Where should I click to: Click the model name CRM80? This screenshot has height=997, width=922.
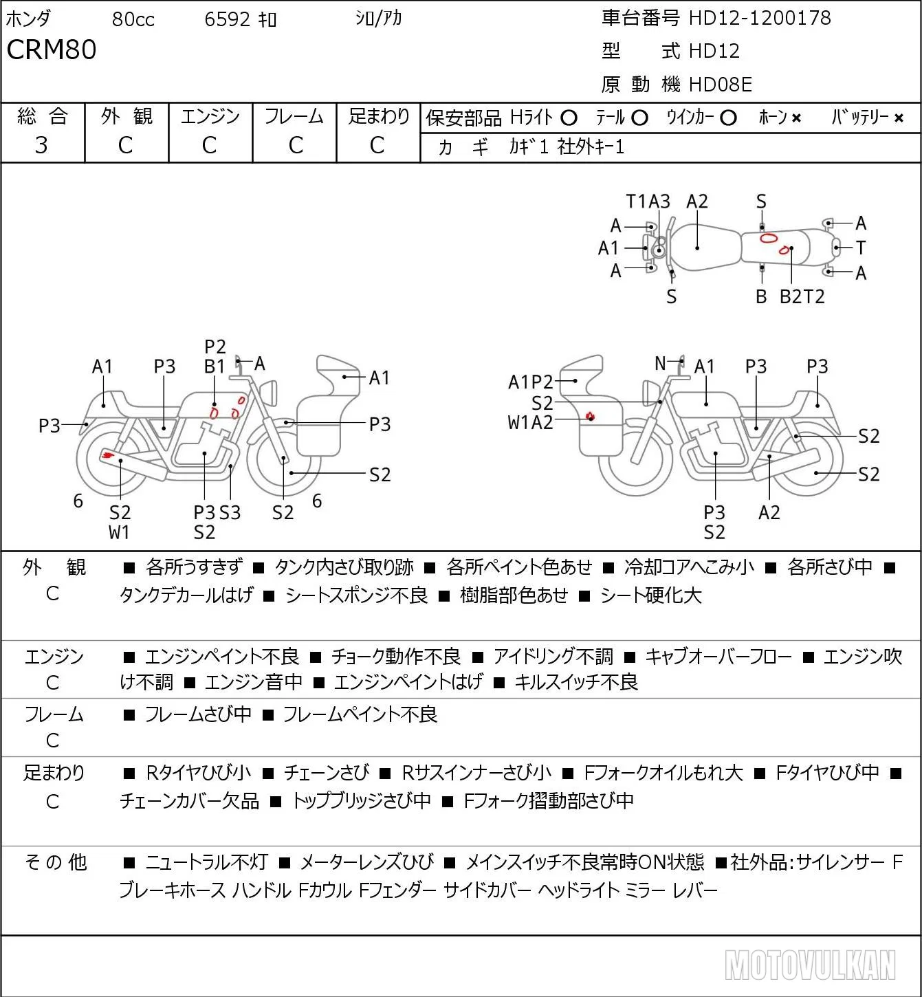point(51,50)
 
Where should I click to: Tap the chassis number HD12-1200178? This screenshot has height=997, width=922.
point(760,18)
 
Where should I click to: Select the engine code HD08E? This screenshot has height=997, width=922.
point(721,85)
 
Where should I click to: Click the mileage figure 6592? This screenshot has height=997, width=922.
point(227,19)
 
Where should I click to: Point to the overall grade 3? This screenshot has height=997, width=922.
point(41,145)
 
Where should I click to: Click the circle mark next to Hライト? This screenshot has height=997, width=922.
point(569,118)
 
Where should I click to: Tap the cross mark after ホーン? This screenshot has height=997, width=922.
point(796,118)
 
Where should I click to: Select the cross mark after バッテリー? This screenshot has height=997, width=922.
point(899,118)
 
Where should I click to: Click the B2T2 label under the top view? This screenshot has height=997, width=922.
point(802,296)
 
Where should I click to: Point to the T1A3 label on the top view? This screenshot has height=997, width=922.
point(648,201)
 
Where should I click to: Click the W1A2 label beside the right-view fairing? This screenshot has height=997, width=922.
point(530,423)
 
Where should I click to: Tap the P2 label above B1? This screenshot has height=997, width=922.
point(215,347)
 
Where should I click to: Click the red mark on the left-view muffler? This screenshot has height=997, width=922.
point(107,454)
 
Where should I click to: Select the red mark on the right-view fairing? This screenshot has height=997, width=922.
point(591,416)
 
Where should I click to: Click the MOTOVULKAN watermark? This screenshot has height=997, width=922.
point(810,965)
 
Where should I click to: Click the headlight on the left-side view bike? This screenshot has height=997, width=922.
point(269,393)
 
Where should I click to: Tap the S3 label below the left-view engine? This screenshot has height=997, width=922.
point(230,512)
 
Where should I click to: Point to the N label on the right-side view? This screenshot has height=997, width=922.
point(660,363)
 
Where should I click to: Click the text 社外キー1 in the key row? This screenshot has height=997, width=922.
point(591,147)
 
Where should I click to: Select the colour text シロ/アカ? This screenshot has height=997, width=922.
point(378,18)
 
